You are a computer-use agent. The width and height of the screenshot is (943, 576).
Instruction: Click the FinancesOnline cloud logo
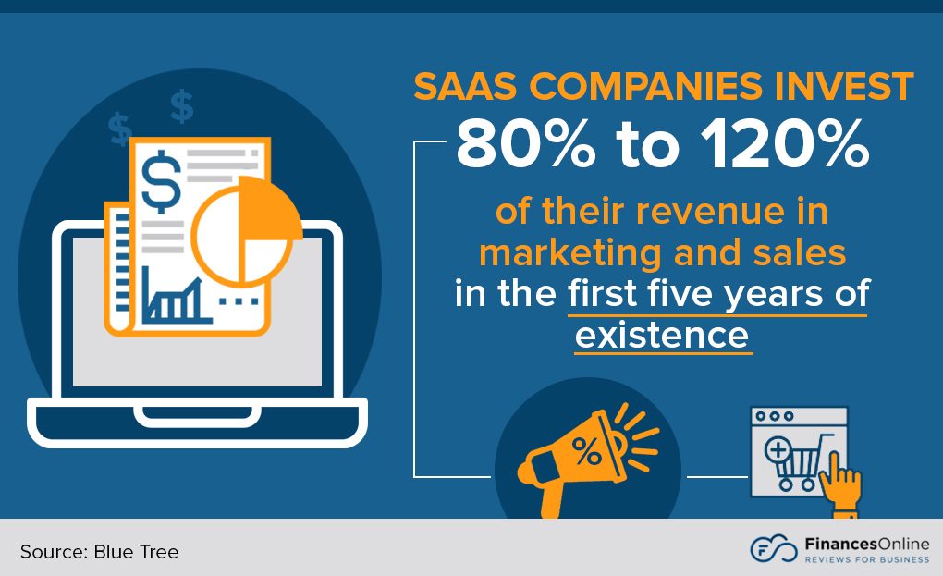[772, 548]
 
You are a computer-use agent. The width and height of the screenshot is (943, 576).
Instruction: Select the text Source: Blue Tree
[99, 552]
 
